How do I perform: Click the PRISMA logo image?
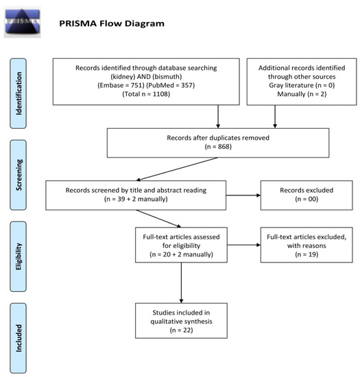point(23,22)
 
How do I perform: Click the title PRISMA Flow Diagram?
point(112,23)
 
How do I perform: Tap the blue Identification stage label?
point(18,93)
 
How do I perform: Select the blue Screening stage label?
point(18,175)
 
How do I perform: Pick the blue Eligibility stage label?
point(18,256)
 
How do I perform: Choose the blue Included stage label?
point(18,338)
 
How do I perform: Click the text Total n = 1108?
point(146,94)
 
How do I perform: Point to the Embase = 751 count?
point(121,86)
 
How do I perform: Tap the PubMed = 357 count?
point(171,86)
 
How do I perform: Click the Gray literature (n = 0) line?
point(302,86)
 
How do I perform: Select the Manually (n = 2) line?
point(302,94)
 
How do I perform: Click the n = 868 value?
point(218,147)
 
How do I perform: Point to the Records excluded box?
point(307,195)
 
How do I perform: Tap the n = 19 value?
point(307,254)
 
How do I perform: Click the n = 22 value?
point(181,330)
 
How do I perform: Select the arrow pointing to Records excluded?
point(243,195)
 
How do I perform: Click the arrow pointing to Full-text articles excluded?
point(244,245)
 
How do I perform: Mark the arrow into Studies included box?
point(181,282)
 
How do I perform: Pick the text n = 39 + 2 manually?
point(136,199)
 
